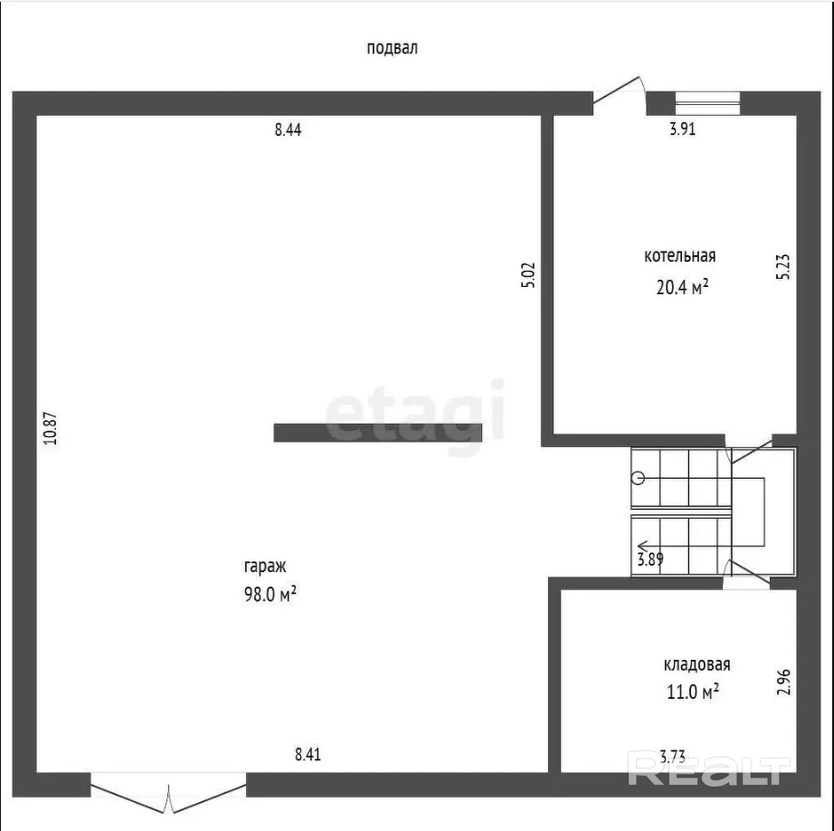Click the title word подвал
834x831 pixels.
pyautogui.click(x=392, y=49)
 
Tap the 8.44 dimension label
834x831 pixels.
pyautogui.click(x=288, y=129)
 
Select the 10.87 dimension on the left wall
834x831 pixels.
pyautogui.click(x=51, y=428)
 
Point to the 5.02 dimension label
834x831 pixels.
pyautogui.click(x=528, y=275)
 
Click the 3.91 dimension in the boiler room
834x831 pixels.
pyautogui.click(x=682, y=129)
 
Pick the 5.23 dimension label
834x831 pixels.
pyautogui.click(x=783, y=267)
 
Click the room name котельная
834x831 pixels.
pyautogui.click(x=679, y=256)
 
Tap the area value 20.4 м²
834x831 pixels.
pyautogui.click(x=682, y=287)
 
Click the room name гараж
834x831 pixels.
pyautogui.click(x=265, y=567)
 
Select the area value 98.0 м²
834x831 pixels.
pyautogui.click(x=270, y=594)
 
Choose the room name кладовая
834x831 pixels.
pyautogui.click(x=697, y=664)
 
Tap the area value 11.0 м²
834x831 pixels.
pyautogui.click(x=693, y=692)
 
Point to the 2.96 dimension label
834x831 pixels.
pyautogui.click(x=783, y=682)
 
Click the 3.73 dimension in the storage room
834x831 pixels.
pyautogui.click(x=672, y=757)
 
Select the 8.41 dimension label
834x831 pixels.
pyautogui.click(x=308, y=755)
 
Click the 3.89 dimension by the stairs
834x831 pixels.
pyautogui.click(x=650, y=559)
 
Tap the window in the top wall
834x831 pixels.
pyautogui.click(x=707, y=103)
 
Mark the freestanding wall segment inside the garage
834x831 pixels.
pyautogui.click(x=377, y=433)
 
